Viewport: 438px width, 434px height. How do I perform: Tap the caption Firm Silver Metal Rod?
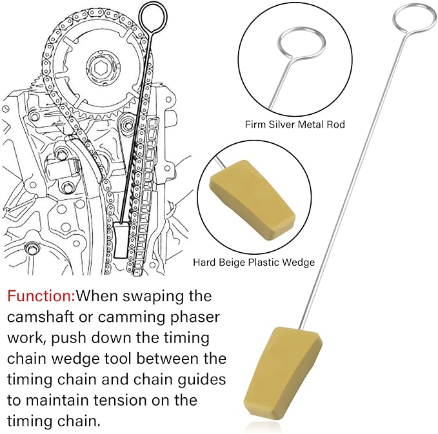(295, 124)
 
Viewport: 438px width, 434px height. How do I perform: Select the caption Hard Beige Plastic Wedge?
(254, 262)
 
